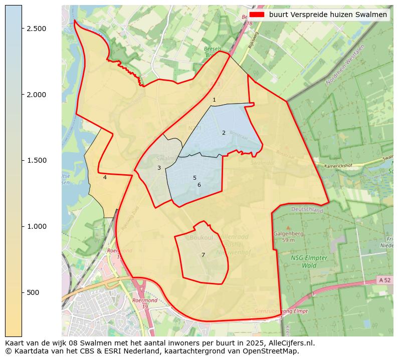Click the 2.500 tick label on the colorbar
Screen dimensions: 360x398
click(x=37, y=29)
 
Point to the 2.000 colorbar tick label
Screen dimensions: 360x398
click(x=37, y=95)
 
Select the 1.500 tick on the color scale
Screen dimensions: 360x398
click(x=37, y=160)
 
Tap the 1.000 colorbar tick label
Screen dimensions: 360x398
click(x=37, y=226)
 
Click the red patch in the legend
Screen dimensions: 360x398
click(x=257, y=15)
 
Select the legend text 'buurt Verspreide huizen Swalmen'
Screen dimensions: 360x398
click(x=328, y=15)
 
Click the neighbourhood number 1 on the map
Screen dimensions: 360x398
click(x=214, y=100)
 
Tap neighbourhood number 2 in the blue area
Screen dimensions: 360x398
click(x=224, y=133)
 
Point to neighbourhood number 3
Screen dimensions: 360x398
click(x=159, y=168)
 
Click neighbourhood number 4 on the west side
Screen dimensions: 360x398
click(x=105, y=177)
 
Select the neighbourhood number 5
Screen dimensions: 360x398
click(x=194, y=178)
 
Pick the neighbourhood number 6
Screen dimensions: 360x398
click(x=199, y=185)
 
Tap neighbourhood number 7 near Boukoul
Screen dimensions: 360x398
click(x=203, y=255)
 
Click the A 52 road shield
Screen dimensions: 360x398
click(x=384, y=280)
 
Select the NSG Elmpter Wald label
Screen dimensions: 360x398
click(x=309, y=261)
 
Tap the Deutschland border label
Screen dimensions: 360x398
click(x=307, y=210)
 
